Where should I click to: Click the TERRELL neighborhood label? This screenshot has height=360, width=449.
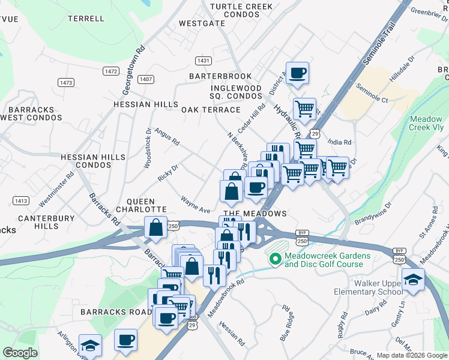[x=86, y=19]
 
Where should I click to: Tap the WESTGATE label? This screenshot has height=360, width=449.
[x=202, y=25]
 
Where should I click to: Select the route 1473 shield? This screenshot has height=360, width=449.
[x=65, y=82]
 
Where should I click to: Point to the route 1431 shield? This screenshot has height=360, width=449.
[x=204, y=61]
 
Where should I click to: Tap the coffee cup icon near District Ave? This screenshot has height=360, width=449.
[x=297, y=74]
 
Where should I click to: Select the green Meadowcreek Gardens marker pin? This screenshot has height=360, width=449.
[x=276, y=259]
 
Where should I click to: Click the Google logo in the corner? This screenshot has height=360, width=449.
[x=20, y=353]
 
